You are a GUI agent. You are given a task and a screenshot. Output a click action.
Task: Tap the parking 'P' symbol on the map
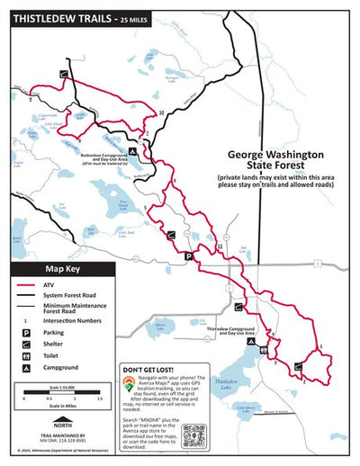[188, 256]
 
